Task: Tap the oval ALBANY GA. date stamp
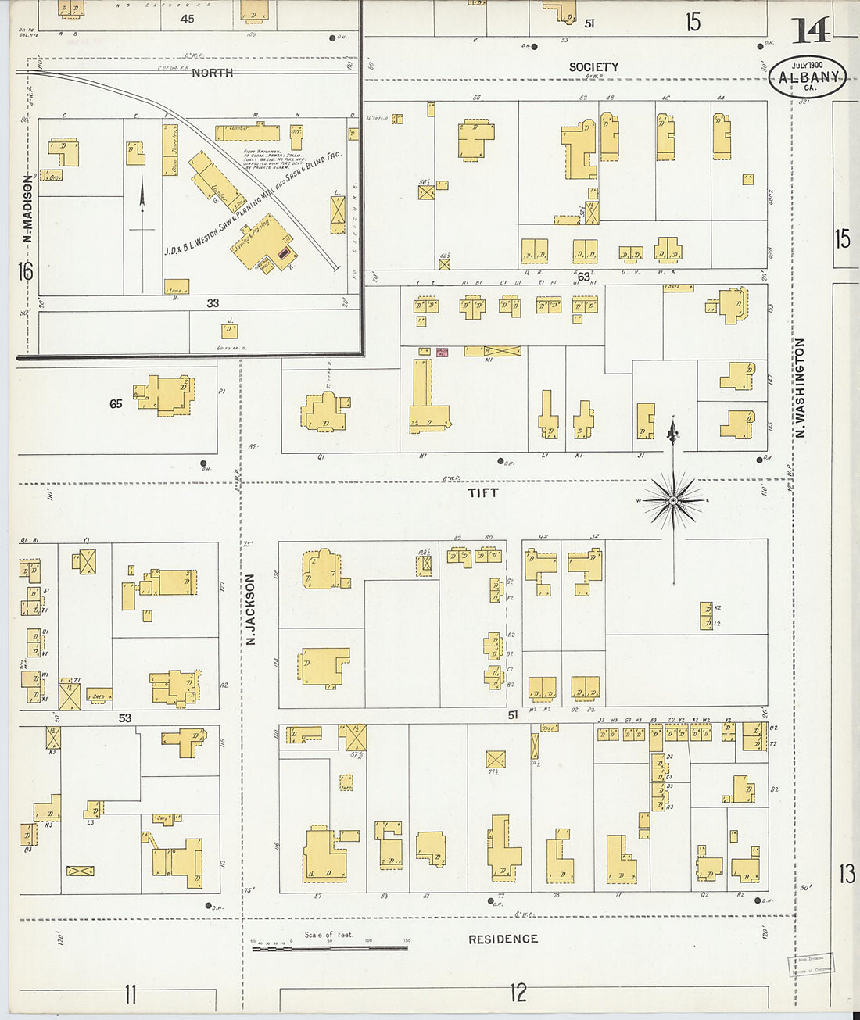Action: tap(808, 77)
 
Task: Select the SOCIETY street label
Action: tap(593, 67)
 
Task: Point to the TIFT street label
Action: tap(482, 492)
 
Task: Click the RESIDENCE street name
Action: tap(503, 939)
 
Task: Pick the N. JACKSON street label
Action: tap(251, 610)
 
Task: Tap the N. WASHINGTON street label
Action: tap(800, 388)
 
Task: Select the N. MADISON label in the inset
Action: tap(27, 209)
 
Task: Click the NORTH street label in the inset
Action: tap(212, 73)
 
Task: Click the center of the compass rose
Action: tap(672, 500)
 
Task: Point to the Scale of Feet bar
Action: tap(328, 947)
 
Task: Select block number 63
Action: tap(583, 277)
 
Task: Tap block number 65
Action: tap(116, 404)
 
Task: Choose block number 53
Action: tap(125, 718)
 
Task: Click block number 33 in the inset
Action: tap(213, 303)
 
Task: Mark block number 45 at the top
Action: tap(187, 19)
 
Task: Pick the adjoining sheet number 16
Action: tap(26, 271)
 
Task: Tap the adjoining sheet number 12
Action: tap(518, 993)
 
